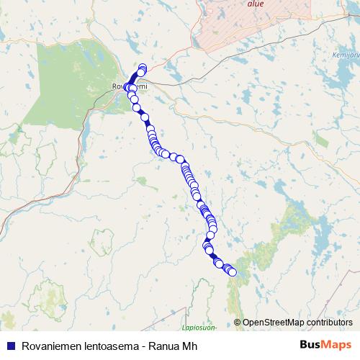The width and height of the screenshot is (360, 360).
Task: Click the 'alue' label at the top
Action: (255, 4)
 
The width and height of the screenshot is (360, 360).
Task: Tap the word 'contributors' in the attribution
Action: (331, 322)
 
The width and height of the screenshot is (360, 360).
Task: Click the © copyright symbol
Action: (238, 322)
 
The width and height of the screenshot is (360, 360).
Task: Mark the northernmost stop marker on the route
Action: (143, 68)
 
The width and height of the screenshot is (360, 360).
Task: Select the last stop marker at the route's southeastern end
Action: (232, 272)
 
